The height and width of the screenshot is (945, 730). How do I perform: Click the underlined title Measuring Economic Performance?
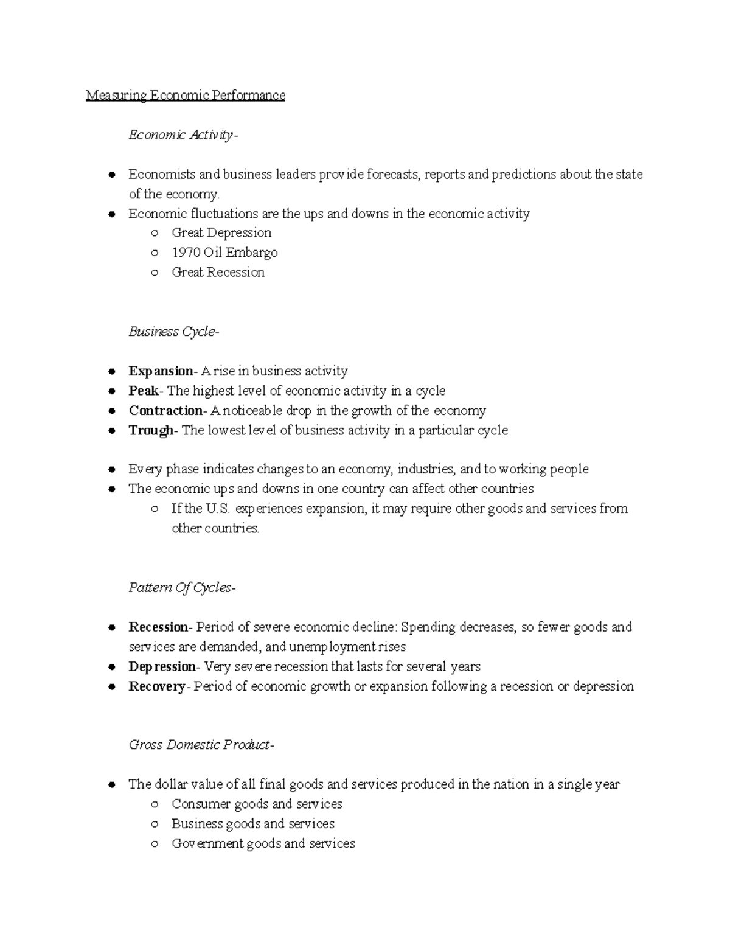coord(185,96)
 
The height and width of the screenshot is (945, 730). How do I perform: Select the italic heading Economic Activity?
coord(181,135)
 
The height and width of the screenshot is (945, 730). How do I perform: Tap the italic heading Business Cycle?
coord(173,332)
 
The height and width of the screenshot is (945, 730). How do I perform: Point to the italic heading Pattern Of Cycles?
coord(181,588)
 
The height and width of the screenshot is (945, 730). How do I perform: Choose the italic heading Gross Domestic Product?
coord(200,745)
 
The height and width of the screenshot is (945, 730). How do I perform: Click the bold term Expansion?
coord(160,371)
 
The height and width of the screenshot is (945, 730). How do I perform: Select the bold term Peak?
coord(144,391)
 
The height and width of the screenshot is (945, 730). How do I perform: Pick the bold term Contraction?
coord(165,411)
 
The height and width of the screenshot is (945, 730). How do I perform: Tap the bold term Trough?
coord(151,430)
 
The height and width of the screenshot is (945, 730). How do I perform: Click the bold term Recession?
coord(159,627)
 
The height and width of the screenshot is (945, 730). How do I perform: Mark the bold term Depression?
coord(162,667)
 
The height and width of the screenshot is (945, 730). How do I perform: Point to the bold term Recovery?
coord(157,686)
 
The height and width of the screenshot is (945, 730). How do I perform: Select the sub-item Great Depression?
coord(221,233)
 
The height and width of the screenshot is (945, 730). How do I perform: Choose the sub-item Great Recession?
coord(218,273)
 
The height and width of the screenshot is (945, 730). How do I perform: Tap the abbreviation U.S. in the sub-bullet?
coord(218,509)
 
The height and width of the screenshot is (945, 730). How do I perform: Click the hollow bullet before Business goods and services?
coord(156,825)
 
